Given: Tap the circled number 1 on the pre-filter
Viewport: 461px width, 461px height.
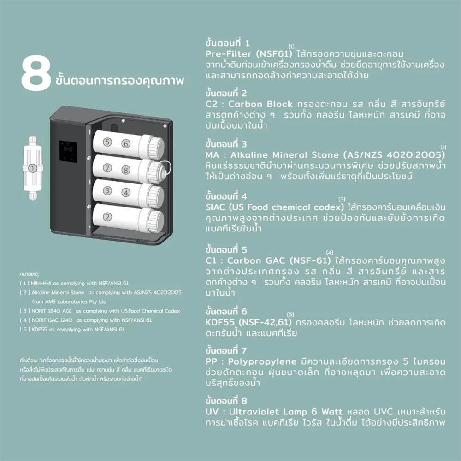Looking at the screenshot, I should pos(32,168).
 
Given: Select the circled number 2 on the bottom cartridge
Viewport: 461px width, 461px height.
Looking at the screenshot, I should pos(107,216).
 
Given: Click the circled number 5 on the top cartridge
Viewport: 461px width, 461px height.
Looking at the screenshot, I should pos(107,142).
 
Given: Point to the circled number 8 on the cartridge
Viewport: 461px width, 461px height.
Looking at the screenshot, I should pos(126,169).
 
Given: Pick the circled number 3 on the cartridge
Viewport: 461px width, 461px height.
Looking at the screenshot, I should pos(107,190).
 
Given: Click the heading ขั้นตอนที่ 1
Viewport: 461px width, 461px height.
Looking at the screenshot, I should pos(227,43).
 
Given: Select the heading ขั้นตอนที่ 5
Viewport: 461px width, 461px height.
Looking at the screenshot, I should pos(227,250).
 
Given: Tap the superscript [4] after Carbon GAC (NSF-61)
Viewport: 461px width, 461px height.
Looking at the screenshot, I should pos(330,253).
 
